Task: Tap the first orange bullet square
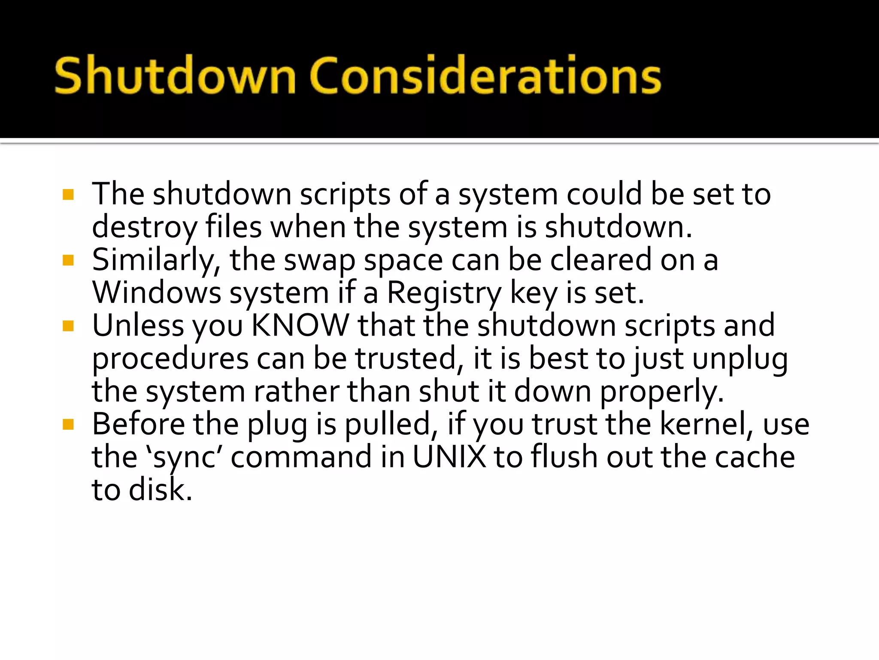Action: [68, 195]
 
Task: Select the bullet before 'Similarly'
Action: [68, 260]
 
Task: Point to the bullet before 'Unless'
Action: [68, 326]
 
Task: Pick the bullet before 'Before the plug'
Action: [68, 425]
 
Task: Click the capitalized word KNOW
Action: [300, 325]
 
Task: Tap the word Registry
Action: [444, 294]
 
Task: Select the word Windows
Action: [157, 293]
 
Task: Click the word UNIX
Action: [449, 457]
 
